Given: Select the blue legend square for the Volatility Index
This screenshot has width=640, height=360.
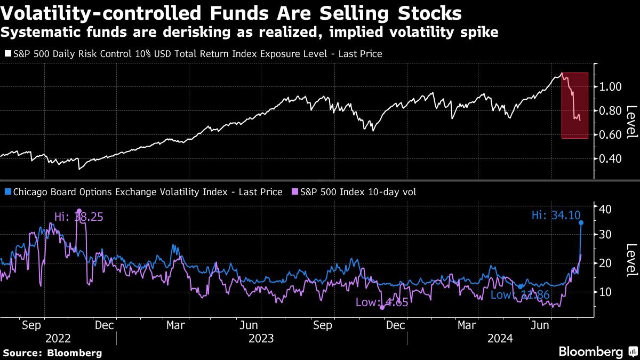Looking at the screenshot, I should point(7,192).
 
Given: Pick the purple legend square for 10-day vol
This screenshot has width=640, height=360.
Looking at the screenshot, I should point(295,192).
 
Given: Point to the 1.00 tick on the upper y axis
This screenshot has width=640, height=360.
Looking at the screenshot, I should point(609,86).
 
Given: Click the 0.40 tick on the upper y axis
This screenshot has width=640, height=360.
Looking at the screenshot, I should point(609,159).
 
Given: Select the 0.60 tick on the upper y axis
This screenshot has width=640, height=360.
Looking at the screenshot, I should point(609,135).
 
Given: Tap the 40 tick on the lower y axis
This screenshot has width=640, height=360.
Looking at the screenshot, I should point(604,209).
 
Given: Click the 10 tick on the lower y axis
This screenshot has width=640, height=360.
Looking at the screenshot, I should point(604,292).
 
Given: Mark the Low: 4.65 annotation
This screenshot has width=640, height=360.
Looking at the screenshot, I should point(382,303).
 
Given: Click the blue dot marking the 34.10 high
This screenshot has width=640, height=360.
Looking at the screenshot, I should point(581,222).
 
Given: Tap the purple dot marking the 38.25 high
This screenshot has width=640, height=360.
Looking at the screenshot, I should point(79,211).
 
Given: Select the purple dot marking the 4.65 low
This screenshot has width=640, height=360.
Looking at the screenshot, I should point(382,308).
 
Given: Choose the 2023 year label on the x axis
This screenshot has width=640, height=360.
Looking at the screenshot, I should point(261,338).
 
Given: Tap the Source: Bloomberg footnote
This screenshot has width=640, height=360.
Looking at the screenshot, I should point(52,353).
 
